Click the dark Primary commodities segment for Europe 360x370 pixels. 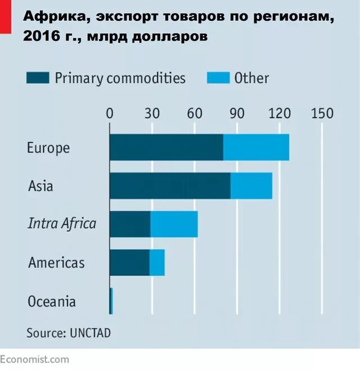(x=166, y=147)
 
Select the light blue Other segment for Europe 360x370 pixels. (x=256, y=147)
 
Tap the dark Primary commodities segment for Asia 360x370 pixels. (x=169, y=186)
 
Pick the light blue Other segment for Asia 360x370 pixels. (x=251, y=186)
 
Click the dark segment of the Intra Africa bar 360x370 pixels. (x=130, y=224)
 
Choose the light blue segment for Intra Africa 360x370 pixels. (x=174, y=224)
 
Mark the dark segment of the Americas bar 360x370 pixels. (x=129, y=263)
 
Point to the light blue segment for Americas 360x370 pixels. (x=157, y=263)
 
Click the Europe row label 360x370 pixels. (x=48, y=148)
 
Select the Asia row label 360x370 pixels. (x=40, y=186)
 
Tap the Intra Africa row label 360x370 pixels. (x=62, y=224)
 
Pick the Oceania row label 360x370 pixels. (x=52, y=301)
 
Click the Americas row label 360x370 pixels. (x=56, y=263)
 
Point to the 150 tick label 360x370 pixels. (x=322, y=113)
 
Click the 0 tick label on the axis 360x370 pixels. (x=110, y=113)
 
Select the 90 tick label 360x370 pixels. (x=237, y=113)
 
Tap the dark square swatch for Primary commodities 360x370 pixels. (x=38, y=78)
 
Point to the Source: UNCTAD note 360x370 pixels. (x=69, y=332)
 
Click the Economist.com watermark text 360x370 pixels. (x=35, y=359)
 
